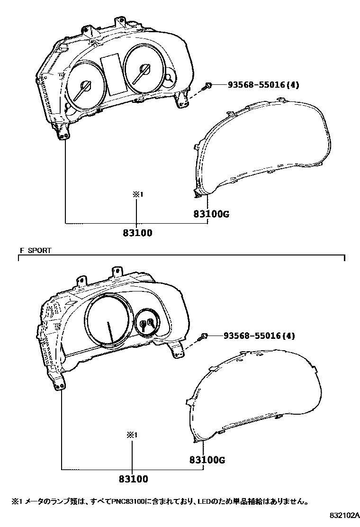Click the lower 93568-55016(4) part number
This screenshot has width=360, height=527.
[x=259, y=336]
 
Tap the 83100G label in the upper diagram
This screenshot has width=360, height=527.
[x=211, y=214]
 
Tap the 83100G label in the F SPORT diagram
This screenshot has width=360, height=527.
[x=207, y=460]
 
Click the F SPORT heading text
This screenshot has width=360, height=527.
[x=36, y=250]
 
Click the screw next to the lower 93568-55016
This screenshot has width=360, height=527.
[x=204, y=336]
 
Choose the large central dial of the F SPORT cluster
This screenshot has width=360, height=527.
[x=108, y=323]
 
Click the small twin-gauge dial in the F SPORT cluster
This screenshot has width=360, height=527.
[x=147, y=323]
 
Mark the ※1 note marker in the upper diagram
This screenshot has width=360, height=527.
[x=136, y=194]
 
